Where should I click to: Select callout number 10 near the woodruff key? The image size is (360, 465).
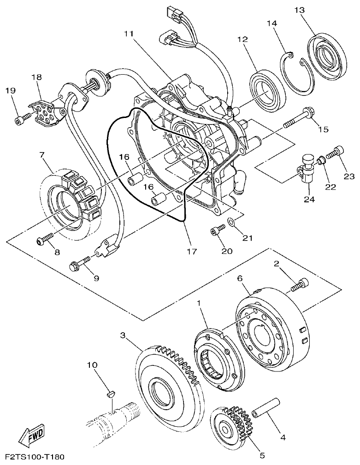[x=92, y=365]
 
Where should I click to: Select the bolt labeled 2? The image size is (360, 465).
[x=299, y=285]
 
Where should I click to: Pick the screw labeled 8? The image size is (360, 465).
[x=44, y=240]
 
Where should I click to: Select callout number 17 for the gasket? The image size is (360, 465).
[x=191, y=252]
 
